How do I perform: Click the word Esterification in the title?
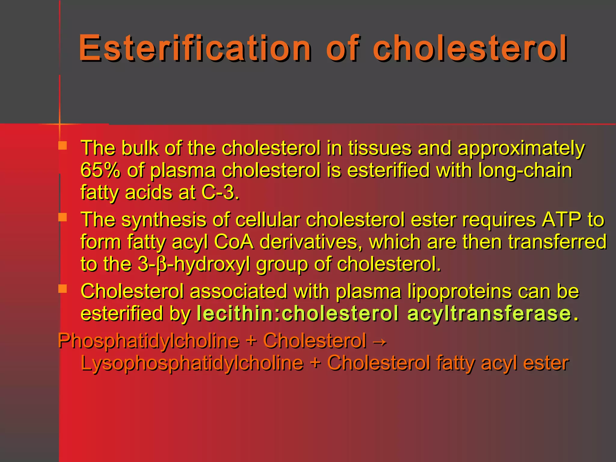click(x=195, y=48)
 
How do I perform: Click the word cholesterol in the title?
click(x=470, y=48)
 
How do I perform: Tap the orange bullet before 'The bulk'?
click(x=63, y=146)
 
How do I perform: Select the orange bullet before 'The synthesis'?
click(x=63, y=217)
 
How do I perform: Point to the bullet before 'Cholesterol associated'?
click(x=63, y=289)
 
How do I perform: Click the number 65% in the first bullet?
click(x=100, y=170)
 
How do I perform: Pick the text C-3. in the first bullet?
click(x=220, y=192)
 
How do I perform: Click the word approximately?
click(x=521, y=149)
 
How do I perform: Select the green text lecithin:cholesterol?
click(x=297, y=313)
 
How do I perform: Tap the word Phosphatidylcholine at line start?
click(x=149, y=341)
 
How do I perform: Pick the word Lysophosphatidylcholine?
click(x=192, y=363)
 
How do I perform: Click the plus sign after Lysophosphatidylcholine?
click(x=315, y=363)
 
